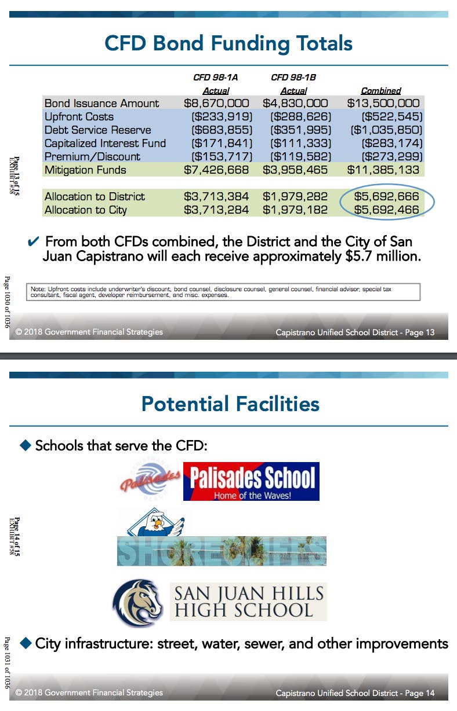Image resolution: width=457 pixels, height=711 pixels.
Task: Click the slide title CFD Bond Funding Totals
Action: (228, 43)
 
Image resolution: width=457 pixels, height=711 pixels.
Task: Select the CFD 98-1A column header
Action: (216, 77)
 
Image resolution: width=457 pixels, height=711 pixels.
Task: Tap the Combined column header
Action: (381, 91)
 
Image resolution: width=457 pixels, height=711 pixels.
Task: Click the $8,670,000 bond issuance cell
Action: (216, 104)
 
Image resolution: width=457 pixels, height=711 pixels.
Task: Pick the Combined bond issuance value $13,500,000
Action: (383, 104)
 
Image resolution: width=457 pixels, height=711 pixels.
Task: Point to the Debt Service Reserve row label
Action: (97, 130)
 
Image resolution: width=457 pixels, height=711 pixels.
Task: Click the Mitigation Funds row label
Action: (85, 170)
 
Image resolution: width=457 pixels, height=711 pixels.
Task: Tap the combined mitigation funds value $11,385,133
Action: (383, 170)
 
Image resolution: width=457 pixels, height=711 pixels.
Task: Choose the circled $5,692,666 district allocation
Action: (386, 197)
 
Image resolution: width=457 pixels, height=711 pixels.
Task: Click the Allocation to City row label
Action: (85, 210)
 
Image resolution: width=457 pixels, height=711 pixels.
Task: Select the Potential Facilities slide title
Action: (230, 404)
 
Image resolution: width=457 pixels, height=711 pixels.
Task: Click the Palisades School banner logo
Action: (251, 481)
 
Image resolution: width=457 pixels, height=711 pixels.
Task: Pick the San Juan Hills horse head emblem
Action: (138, 603)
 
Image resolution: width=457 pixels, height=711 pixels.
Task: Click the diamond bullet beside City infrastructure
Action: (26, 643)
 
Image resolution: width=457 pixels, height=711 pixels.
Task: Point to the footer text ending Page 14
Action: (354, 693)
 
